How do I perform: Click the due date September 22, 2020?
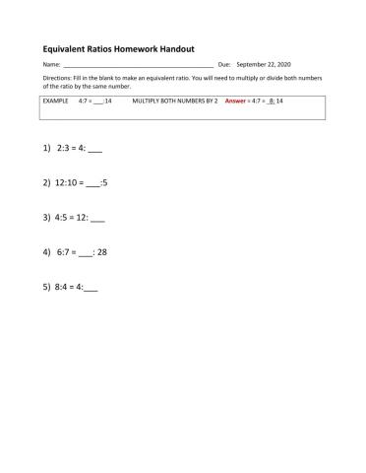click(264, 64)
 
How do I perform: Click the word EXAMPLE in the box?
click(57, 101)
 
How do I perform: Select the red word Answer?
click(235, 101)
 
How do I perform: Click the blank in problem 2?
click(93, 183)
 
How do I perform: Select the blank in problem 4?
click(86, 253)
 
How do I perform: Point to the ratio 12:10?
click(66, 182)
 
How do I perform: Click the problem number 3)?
click(46, 217)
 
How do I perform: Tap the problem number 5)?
click(46, 288)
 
